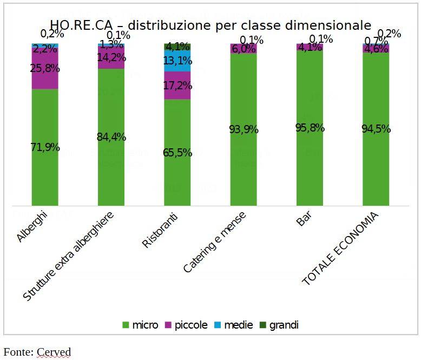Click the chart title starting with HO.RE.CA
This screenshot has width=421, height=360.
pos(210,25)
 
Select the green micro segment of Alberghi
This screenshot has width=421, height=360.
pos(45,162)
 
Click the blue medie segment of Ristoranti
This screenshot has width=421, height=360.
pos(177,63)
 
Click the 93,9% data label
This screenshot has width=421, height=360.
pos(243,129)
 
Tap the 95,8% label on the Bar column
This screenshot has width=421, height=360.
pos(310,128)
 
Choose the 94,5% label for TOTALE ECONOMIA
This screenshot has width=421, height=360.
pos(376,129)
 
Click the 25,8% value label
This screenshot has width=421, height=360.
pos(45,69)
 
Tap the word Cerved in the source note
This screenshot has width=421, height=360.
pos(54,352)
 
